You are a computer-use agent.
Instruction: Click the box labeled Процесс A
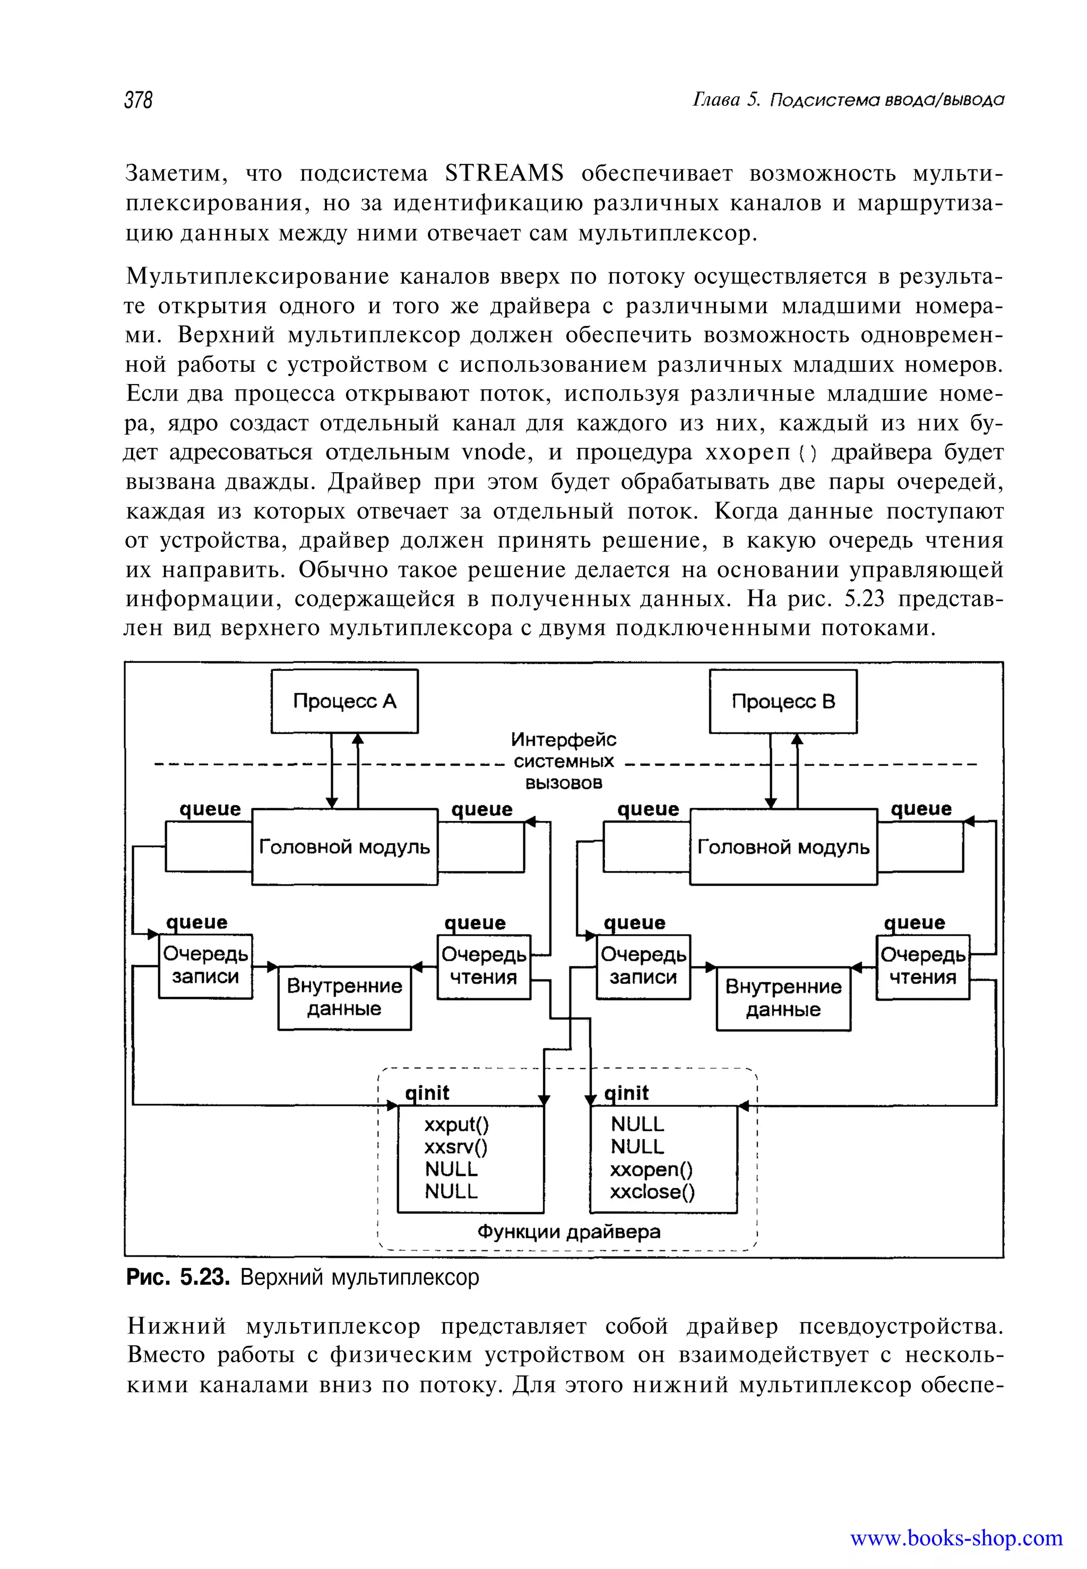(x=344, y=701)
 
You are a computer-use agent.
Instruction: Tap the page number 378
(x=138, y=100)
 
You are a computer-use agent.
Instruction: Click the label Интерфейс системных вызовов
(x=563, y=761)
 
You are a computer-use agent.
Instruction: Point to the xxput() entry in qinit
(x=456, y=1124)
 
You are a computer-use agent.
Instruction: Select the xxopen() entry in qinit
(x=651, y=1169)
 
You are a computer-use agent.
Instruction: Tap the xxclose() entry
(x=652, y=1191)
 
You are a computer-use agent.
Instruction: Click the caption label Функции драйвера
(x=568, y=1232)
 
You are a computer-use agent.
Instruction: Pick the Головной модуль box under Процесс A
(x=344, y=847)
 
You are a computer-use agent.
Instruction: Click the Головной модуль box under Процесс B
(x=783, y=847)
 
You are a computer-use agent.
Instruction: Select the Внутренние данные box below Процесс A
(x=344, y=997)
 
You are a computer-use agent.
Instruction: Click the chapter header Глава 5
(x=726, y=100)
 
